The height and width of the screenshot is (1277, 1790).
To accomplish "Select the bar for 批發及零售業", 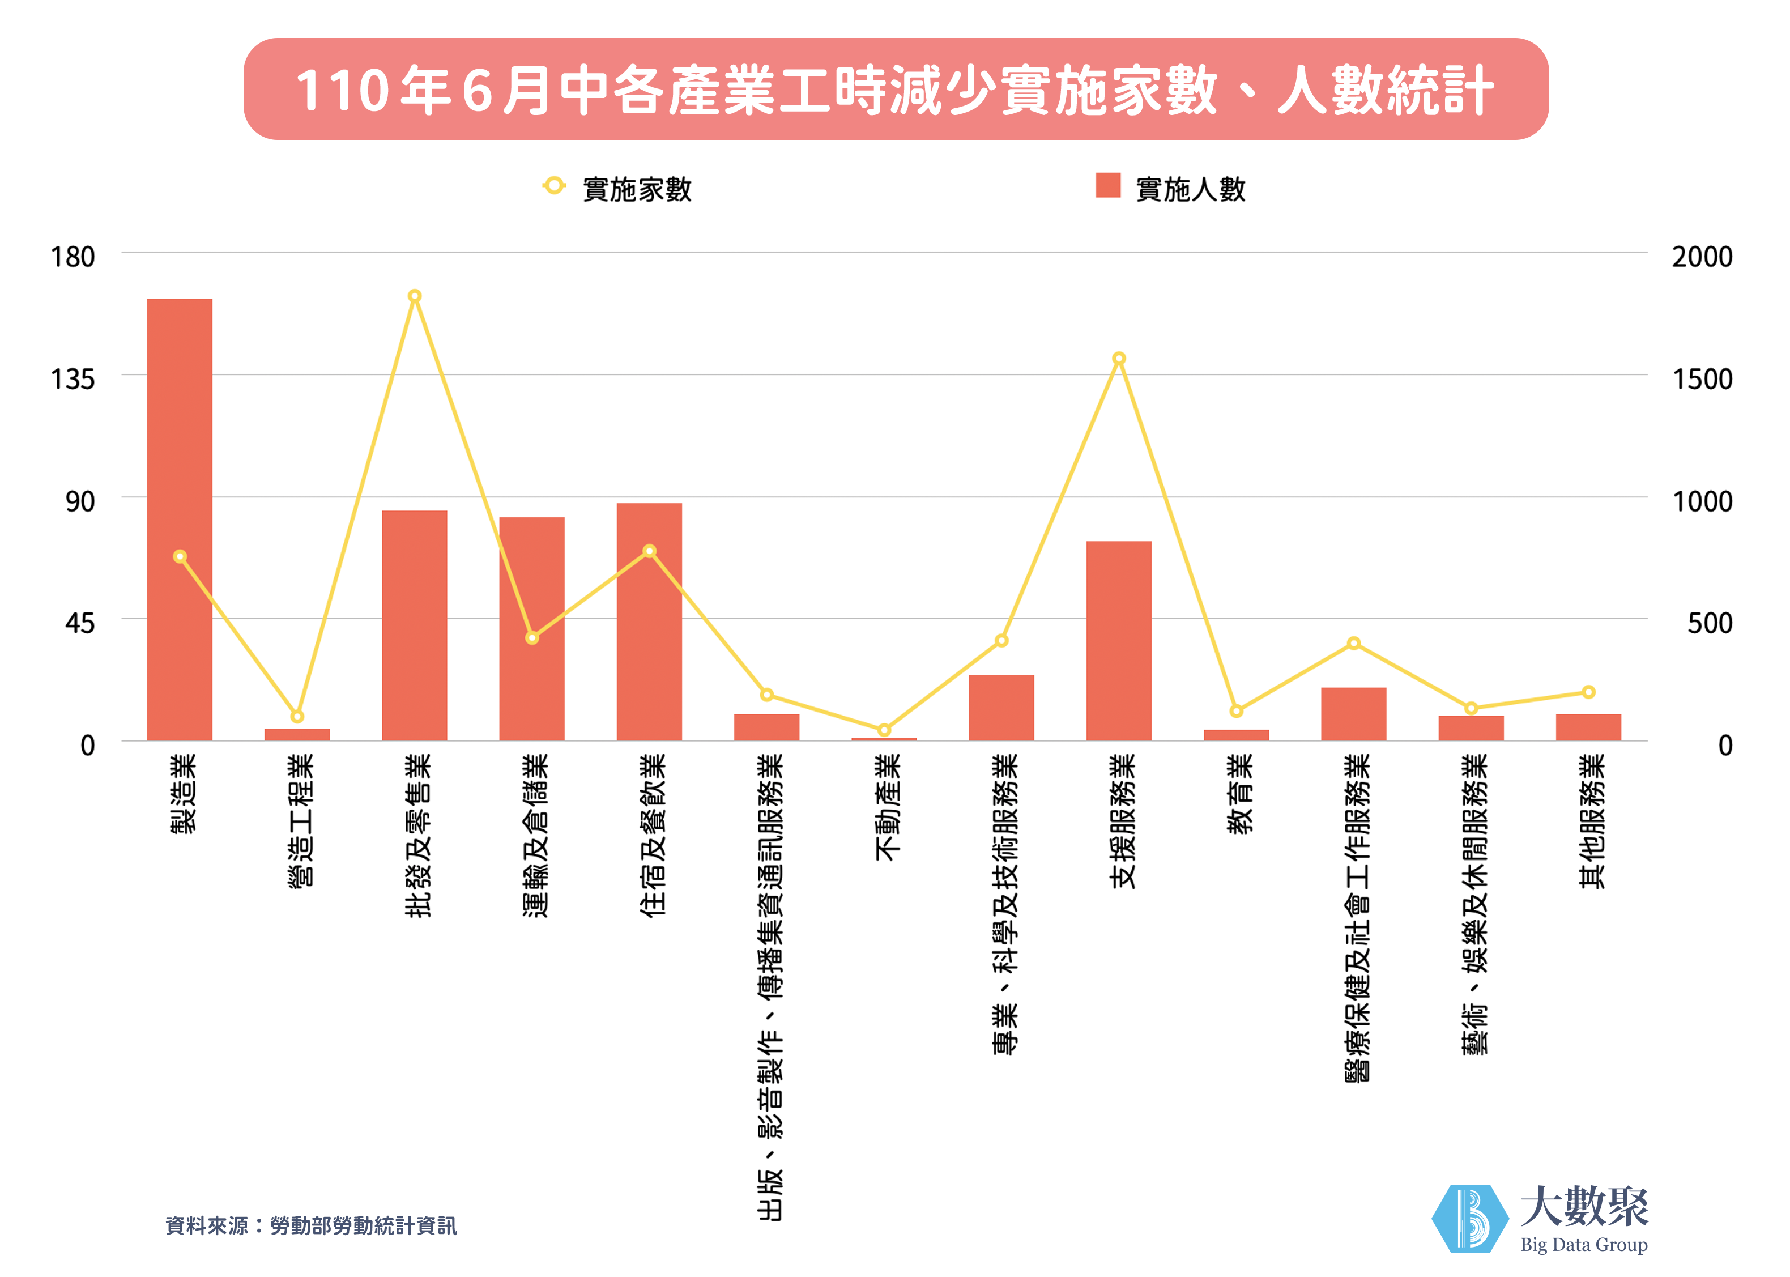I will coord(414,625).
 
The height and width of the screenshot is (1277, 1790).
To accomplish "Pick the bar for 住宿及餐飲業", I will coord(649,621).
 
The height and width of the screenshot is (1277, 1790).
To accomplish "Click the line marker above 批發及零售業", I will coord(414,296).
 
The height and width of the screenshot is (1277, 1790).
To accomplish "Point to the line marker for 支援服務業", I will coord(1119,359).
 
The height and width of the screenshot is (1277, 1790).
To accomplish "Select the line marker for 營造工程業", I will coord(297,716).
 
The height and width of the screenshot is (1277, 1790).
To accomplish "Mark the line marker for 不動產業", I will coord(884,730).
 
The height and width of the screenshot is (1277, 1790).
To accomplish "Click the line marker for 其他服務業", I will coord(1588,692).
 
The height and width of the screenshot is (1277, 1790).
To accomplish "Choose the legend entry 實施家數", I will coord(617,189).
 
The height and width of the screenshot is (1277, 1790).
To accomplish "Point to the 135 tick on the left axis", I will coord(73,380).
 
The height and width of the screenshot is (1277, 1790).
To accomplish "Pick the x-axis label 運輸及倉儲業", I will coord(535,835).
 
